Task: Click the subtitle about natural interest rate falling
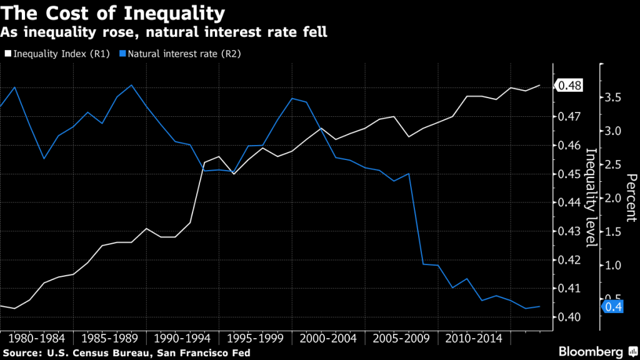(x=164, y=31)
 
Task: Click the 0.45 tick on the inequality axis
(x=571, y=174)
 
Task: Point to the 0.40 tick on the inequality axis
(x=571, y=317)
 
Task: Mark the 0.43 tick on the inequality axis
(x=571, y=231)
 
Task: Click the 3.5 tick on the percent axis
(x=614, y=97)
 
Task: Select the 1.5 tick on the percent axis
(x=614, y=232)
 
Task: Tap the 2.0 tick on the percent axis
(x=614, y=198)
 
